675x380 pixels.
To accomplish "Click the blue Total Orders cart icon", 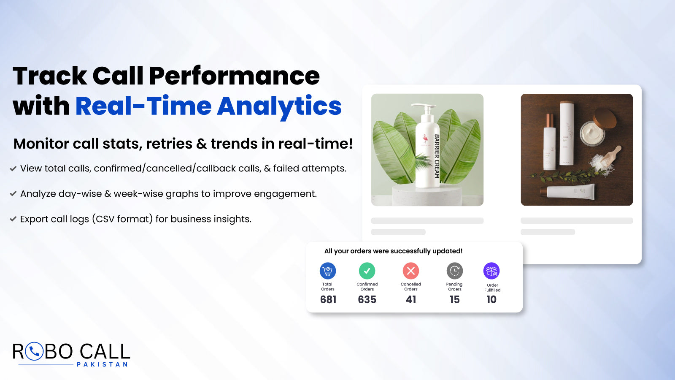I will pos(328,271).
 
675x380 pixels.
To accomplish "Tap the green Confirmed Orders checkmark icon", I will pos(367,271).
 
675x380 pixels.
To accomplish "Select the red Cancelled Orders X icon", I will pos(411,271).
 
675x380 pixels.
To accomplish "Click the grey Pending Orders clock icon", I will pos(454,271).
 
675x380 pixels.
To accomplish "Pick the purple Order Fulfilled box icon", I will pos(491,271).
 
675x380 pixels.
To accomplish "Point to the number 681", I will pos(328,300).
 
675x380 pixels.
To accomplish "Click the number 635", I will pos(367,300).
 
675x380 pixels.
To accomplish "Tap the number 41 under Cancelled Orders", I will pos(411,300).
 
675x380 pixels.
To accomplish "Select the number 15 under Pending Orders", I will pos(454,300).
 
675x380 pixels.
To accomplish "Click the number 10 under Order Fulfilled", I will pos(491,300).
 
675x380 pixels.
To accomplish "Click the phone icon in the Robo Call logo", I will pos(34,351).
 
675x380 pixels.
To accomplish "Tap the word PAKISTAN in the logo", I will pos(102,364).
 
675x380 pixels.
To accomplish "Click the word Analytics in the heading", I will pos(279,106).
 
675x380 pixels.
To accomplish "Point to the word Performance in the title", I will pos(234,76).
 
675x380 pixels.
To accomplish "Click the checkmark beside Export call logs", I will pos(13,219).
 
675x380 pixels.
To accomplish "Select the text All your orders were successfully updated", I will pos(393,251).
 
